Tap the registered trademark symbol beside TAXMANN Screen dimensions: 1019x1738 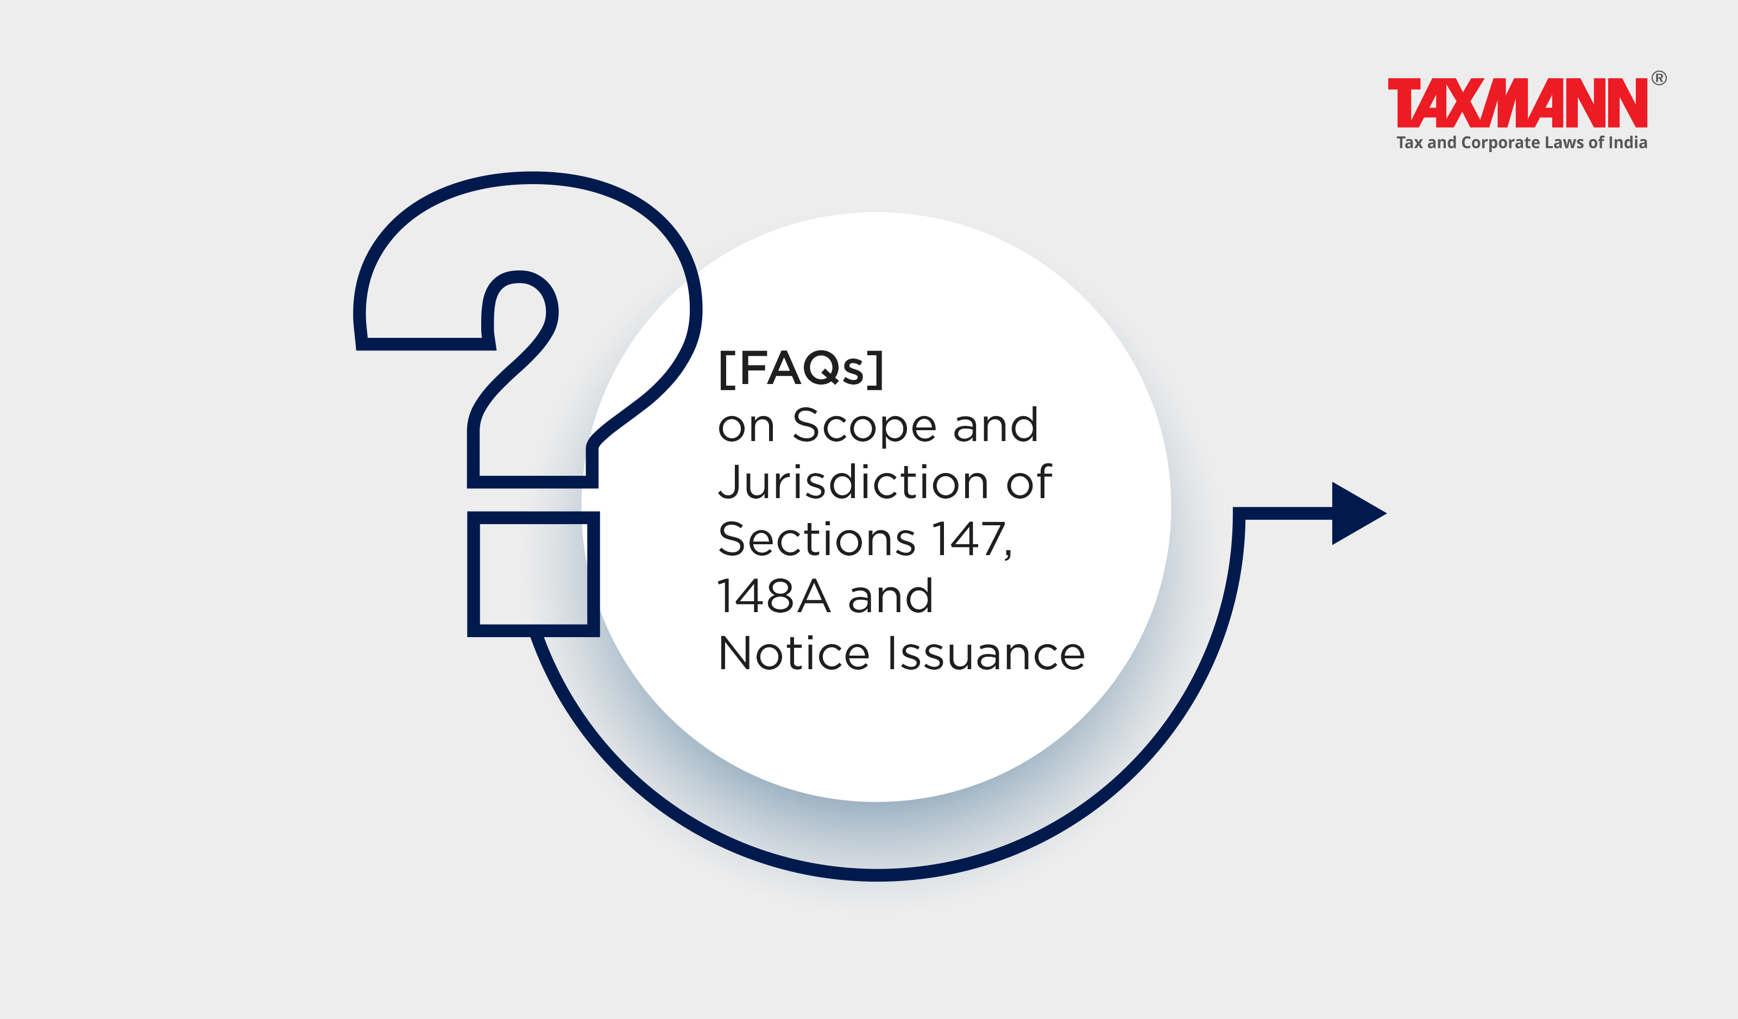[1659, 78]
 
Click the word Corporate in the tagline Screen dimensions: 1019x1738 [1500, 143]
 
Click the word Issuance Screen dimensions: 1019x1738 [986, 653]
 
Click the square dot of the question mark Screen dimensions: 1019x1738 [533, 574]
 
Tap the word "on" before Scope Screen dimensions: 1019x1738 [746, 426]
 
